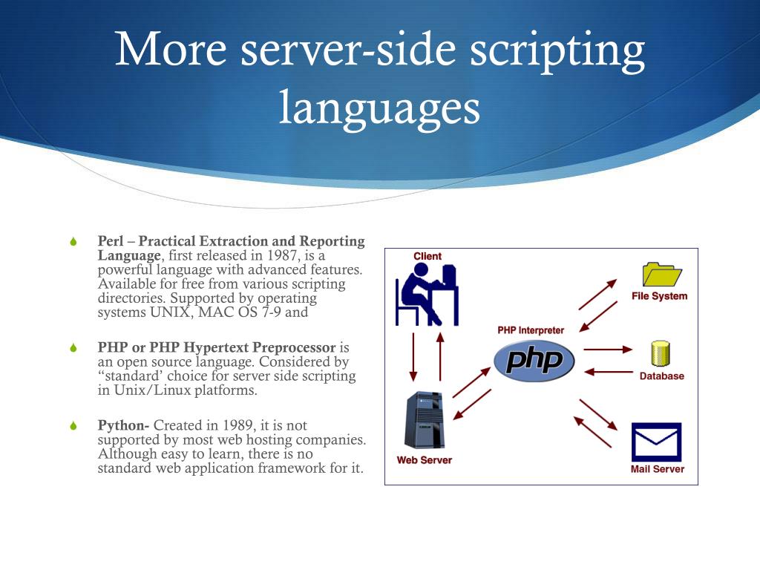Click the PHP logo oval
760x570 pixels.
point(534,361)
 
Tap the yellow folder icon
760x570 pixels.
point(661,274)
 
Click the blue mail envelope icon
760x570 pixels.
point(656,442)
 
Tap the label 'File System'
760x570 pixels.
point(659,296)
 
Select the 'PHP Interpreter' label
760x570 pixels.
point(531,330)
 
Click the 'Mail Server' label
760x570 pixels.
point(657,469)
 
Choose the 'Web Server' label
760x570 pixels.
point(424,460)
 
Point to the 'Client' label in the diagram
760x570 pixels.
point(427,256)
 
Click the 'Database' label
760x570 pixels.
point(661,376)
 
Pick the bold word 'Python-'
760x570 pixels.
point(123,425)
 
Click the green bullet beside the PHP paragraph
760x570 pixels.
point(73,348)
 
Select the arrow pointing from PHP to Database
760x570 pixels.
point(608,348)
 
